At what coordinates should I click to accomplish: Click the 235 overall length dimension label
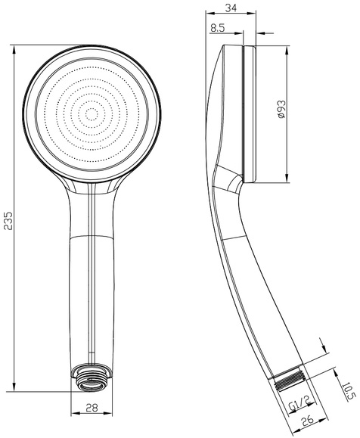[8, 220]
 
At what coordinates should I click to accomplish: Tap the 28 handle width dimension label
[92, 408]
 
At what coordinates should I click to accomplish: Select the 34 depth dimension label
[231, 8]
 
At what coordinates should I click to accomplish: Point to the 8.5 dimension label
[218, 28]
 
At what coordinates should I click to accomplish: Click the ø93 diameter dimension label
[282, 109]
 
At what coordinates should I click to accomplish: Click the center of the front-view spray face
[91, 114]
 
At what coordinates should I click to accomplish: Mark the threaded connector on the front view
[92, 377]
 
